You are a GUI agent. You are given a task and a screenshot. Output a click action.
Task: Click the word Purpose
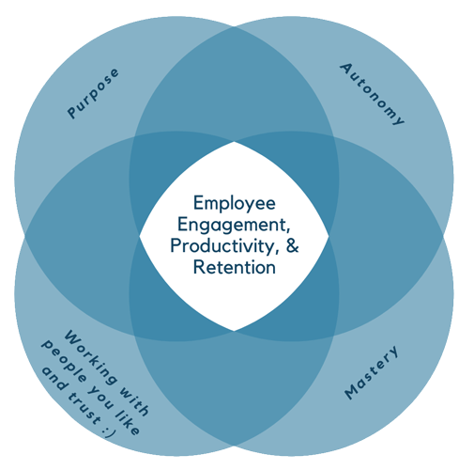pos(93,93)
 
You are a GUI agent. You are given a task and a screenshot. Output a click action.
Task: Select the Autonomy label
pos(373,94)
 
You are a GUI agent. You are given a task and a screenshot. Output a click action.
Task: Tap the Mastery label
pos(372,372)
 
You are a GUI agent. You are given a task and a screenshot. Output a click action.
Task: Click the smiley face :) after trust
pos(109,431)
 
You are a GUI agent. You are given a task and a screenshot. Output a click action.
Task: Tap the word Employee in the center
pos(235,204)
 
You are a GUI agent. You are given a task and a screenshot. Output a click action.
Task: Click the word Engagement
pos(234,225)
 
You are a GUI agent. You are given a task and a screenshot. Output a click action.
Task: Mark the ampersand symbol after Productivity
pos(293,245)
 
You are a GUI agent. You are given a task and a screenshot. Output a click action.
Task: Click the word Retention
pos(235,268)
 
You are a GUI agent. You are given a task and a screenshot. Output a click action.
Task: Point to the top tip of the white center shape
pos(234,142)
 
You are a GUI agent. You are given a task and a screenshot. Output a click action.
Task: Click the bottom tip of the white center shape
pos(234,331)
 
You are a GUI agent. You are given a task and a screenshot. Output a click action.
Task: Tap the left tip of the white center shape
pos(139,236)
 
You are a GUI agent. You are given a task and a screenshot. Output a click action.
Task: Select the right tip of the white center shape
pos(329,236)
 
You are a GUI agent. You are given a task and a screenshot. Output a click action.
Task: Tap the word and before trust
pos(54,378)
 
